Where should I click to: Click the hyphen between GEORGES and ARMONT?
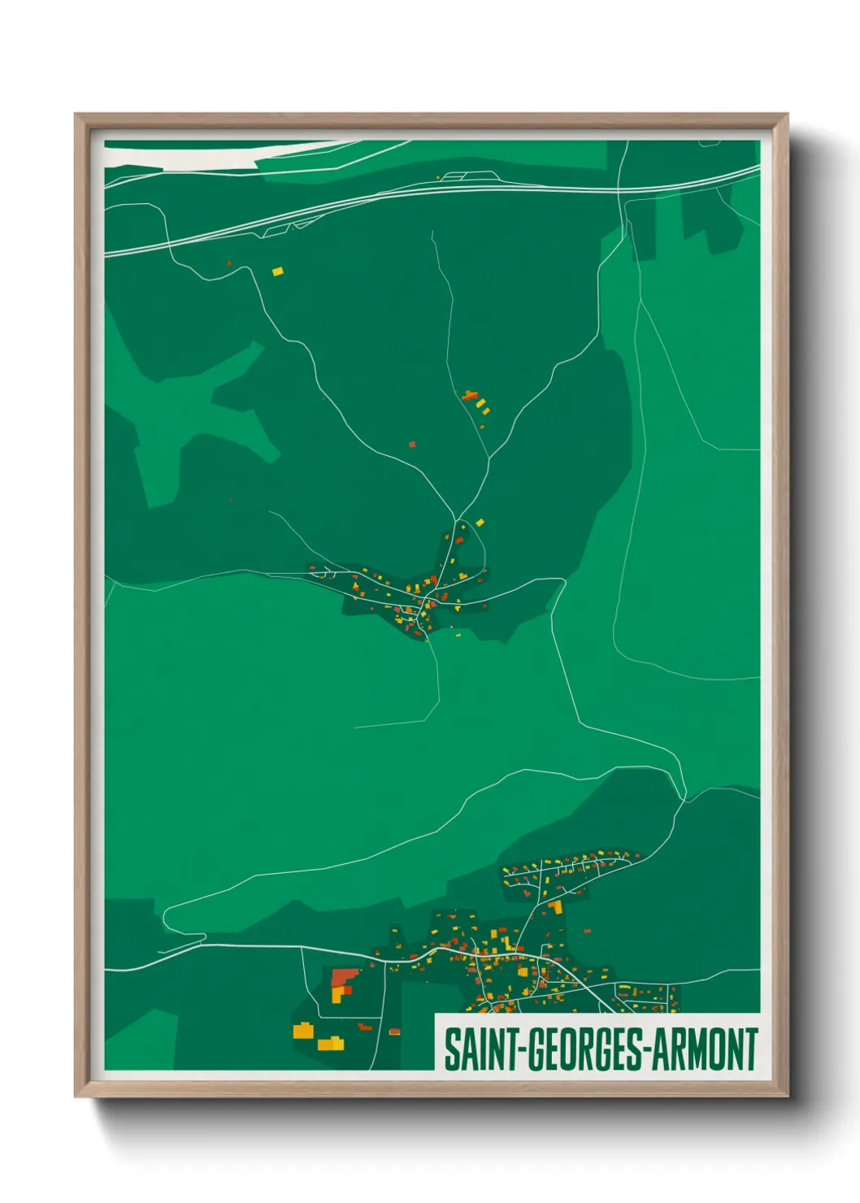click(x=647, y=1051)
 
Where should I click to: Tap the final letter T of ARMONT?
click(x=751, y=1049)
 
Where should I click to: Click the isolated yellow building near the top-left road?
click(x=278, y=271)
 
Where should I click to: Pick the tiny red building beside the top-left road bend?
click(x=229, y=263)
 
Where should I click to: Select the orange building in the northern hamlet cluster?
click(x=469, y=396)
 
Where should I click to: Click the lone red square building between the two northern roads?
click(x=412, y=445)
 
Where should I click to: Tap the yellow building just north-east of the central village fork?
click(x=480, y=523)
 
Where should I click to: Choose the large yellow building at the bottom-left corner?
click(x=303, y=1031)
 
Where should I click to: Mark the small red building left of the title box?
click(x=394, y=1031)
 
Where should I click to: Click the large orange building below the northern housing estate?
click(x=556, y=907)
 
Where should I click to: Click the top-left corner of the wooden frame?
click(x=76, y=115)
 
